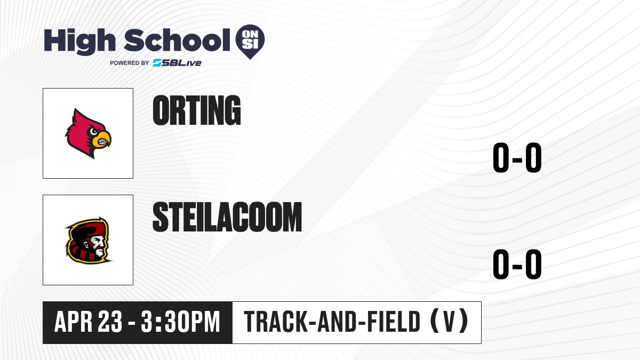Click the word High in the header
(79, 41)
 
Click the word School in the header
(177, 40)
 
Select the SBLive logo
(177, 63)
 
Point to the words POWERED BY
(130, 63)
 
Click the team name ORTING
(197, 110)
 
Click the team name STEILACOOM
(227, 217)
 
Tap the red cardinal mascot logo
(88, 133)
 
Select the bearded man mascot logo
(88, 241)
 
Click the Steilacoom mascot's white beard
(99, 251)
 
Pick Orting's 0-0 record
(517, 157)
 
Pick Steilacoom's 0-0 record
(517, 264)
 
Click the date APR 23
(89, 322)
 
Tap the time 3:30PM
(180, 322)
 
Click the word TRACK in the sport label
(276, 322)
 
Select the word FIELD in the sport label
(394, 322)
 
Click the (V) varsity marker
(449, 322)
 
